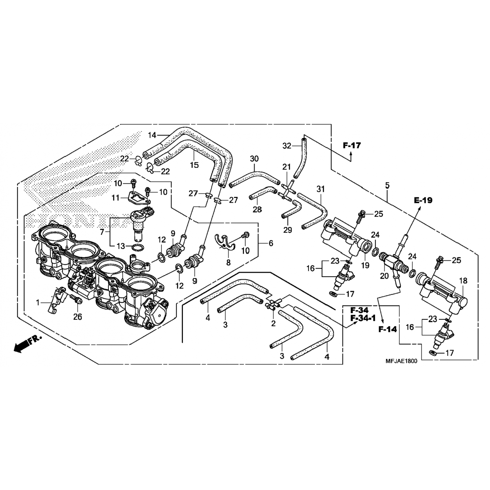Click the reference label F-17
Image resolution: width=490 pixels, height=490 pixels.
point(352,145)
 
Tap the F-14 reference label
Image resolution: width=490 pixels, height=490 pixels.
point(388,329)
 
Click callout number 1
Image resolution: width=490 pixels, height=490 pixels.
point(38,303)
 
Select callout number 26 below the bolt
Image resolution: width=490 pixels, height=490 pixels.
point(77,317)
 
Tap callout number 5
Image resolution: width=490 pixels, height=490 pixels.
point(387,186)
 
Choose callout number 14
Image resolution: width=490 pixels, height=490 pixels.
point(152,135)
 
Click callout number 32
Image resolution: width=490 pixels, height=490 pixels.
point(286,146)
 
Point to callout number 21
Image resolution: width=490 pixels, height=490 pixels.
point(286,167)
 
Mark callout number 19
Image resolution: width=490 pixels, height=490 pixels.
point(365,265)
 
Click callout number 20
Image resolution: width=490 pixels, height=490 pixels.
point(384,276)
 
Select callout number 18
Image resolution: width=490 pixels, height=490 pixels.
point(463,281)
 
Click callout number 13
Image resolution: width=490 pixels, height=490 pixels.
point(121,246)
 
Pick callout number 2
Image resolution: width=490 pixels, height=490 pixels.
point(273,323)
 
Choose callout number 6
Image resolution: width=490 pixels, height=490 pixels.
point(271,243)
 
